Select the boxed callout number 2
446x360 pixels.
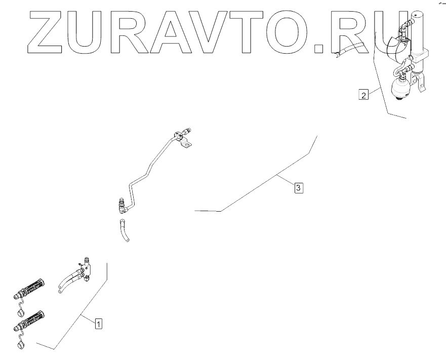363,94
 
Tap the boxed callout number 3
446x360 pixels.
299,188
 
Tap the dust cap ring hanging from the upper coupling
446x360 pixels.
21,313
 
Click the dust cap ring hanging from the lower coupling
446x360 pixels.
21,346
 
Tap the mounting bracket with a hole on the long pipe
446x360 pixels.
187,144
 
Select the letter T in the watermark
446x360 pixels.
242,32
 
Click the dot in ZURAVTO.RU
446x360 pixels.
318,49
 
